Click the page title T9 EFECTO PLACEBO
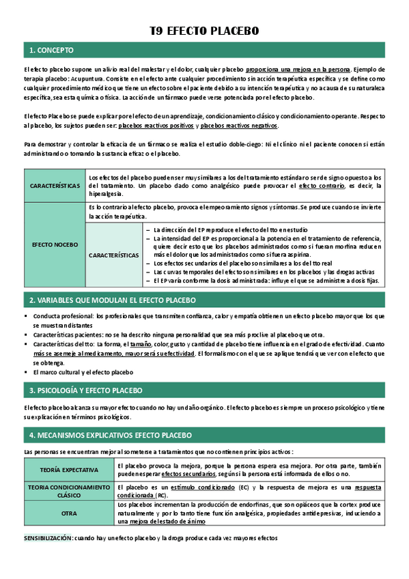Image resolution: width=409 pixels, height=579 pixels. [204, 31]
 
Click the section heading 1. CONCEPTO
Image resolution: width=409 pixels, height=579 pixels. [52, 51]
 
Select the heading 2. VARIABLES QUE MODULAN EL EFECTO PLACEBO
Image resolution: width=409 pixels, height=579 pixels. [112, 300]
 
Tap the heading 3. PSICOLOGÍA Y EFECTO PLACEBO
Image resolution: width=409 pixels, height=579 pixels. [85, 391]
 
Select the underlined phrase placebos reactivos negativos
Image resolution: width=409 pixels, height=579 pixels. [239, 126]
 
